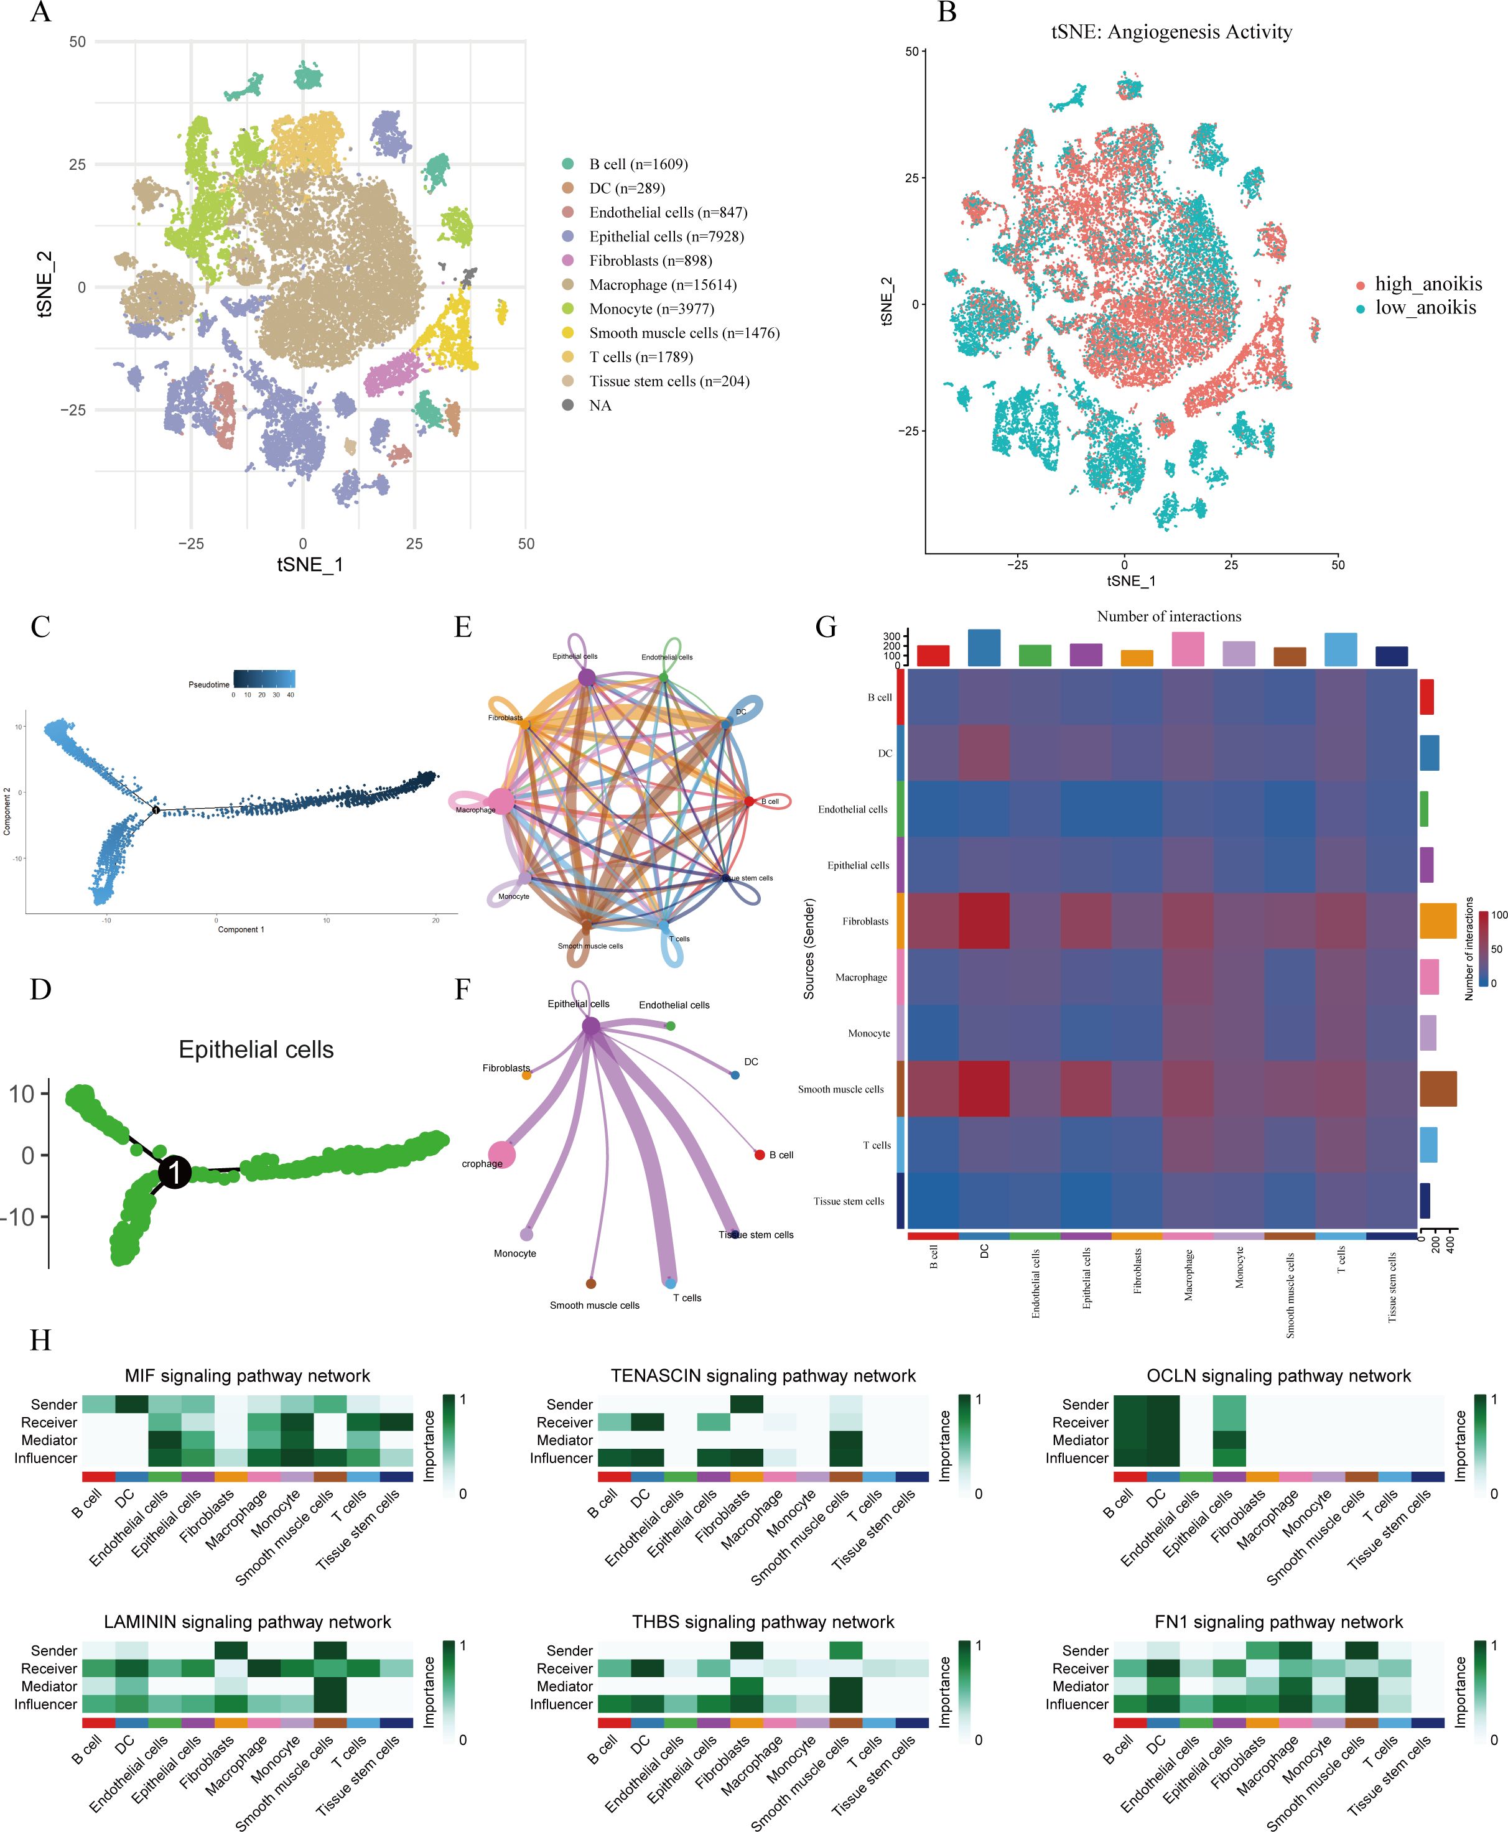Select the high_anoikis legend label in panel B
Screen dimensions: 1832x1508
tap(1428, 284)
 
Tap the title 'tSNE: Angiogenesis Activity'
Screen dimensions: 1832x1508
tap(1171, 32)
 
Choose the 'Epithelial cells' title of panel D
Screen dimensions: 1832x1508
tap(256, 1049)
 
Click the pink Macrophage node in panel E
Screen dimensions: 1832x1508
tap(500, 802)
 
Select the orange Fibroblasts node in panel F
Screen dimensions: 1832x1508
tap(526, 1076)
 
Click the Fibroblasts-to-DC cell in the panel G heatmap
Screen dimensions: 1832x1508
tap(984, 921)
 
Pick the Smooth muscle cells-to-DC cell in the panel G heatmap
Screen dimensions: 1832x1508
tap(984, 1089)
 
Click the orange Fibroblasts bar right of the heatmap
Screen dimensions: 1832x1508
tap(1438, 921)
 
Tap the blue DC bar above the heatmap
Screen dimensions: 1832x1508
tap(984, 648)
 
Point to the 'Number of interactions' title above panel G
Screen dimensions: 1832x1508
tap(1168, 616)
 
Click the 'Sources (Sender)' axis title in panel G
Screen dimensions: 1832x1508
tap(809, 949)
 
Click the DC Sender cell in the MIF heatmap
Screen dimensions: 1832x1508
tap(132, 1405)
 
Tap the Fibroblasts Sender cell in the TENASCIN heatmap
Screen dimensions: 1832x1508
tap(747, 1405)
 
